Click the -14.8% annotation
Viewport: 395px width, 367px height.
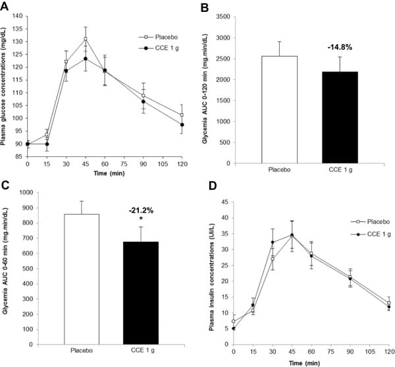340,47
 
